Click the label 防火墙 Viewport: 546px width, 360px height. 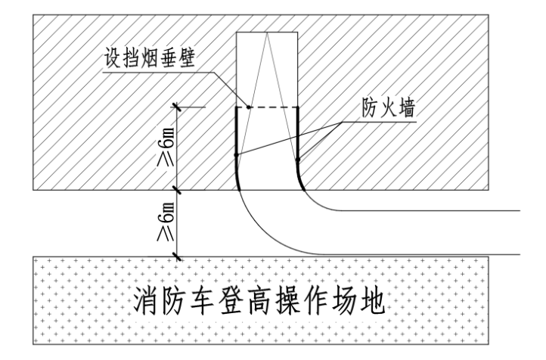[x=387, y=110]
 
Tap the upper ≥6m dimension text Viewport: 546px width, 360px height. [x=167, y=147]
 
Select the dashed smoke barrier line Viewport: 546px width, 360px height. [x=267, y=107]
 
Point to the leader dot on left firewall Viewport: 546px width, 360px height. [x=237, y=155]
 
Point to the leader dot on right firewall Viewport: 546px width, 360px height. [x=297, y=160]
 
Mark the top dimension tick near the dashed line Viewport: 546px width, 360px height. [x=177, y=107]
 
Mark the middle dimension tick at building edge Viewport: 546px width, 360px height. [x=177, y=188]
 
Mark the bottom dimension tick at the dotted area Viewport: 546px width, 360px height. [x=177, y=257]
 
